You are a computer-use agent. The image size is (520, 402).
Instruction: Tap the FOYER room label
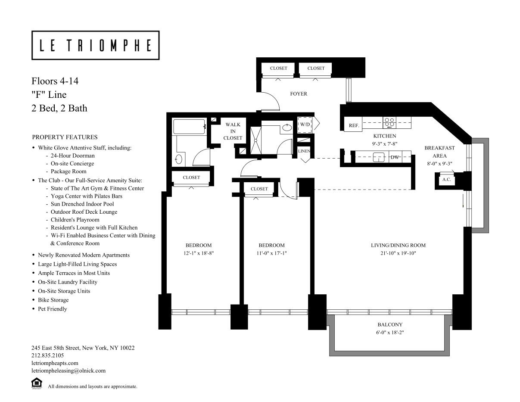299,94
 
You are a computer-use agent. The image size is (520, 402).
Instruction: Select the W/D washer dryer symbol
305,125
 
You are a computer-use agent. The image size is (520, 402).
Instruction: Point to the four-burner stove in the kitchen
389,122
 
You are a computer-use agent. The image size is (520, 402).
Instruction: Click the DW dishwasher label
395,157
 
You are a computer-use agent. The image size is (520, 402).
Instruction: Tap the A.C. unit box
446,180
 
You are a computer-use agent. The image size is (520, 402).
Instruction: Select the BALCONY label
390,324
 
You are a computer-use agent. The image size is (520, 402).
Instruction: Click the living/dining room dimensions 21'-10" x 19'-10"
398,253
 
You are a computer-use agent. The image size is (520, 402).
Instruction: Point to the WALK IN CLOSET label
233,131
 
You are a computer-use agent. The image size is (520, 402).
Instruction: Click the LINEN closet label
304,151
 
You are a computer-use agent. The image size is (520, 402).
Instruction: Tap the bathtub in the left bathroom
189,127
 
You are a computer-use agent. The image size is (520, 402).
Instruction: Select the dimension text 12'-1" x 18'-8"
199,253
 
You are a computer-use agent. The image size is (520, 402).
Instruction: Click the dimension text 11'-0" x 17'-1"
271,253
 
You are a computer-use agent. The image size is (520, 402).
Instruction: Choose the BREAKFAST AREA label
439,152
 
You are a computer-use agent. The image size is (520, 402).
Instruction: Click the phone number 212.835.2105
48,355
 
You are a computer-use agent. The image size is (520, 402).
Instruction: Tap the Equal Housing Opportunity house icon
37,383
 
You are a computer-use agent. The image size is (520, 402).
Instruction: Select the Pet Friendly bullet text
53,309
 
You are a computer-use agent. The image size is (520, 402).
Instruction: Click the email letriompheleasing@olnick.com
69,371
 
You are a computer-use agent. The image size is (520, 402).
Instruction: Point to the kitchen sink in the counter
379,157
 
